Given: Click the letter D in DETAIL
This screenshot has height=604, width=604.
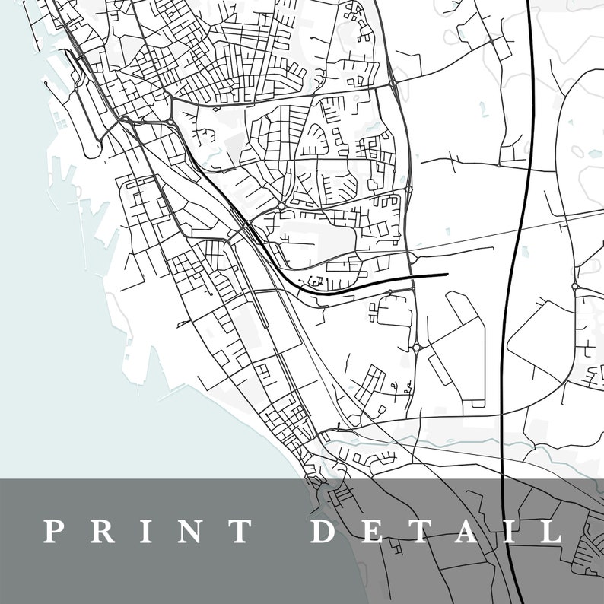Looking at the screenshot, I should [325, 530].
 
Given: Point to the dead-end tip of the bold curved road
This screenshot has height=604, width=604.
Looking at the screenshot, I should [447, 274].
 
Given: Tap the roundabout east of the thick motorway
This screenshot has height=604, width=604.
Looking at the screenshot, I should [574, 286].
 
